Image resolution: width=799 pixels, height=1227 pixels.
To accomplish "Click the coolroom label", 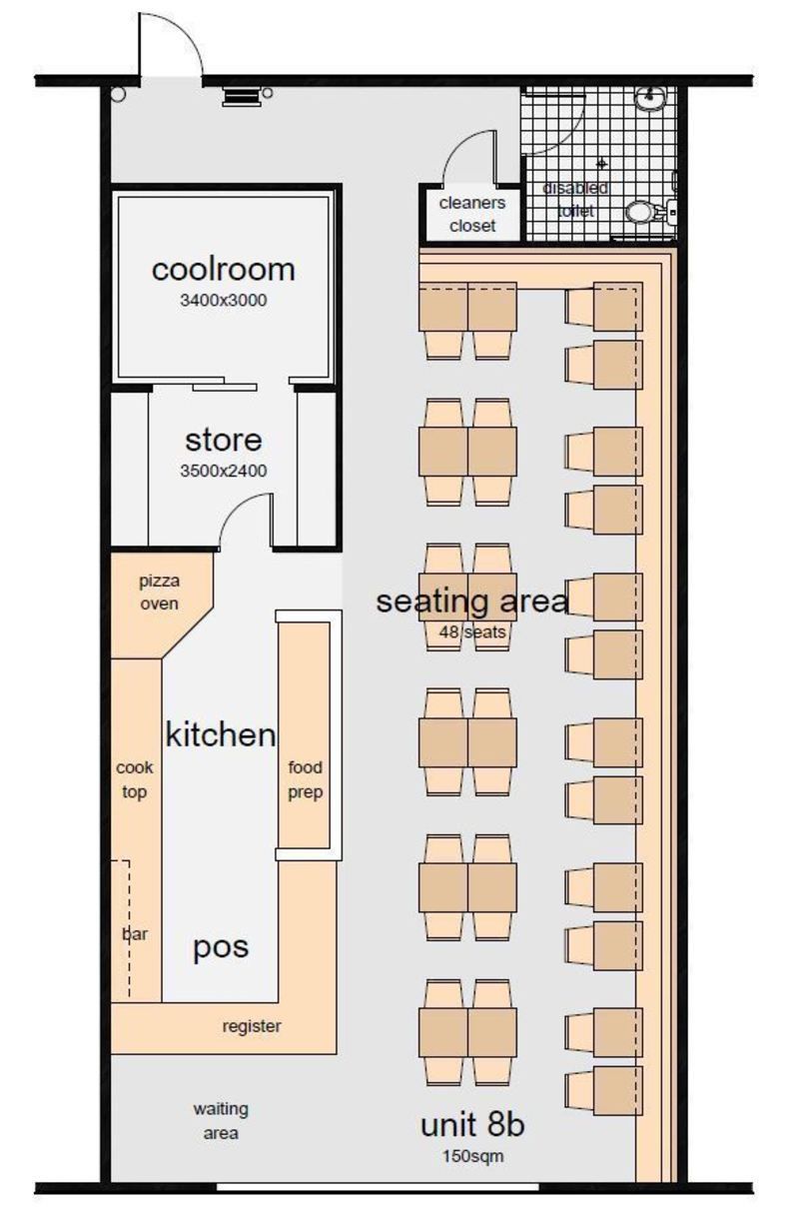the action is pyautogui.click(x=223, y=270).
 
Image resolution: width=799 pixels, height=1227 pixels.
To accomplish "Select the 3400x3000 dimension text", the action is pyautogui.click(x=224, y=300).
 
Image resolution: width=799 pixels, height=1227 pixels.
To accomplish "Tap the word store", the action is pyautogui.click(x=224, y=440).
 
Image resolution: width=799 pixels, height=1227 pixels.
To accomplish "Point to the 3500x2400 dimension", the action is pyautogui.click(x=224, y=471).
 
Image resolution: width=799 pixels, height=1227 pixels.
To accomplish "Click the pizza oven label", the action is pyautogui.click(x=160, y=593).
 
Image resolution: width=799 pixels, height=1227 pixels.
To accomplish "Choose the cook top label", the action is pyautogui.click(x=135, y=780).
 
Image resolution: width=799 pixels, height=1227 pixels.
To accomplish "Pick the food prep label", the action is pyautogui.click(x=305, y=780).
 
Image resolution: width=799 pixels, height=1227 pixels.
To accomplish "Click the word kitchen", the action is pyautogui.click(x=221, y=734).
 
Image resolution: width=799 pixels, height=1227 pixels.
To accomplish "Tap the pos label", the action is pyautogui.click(x=221, y=947).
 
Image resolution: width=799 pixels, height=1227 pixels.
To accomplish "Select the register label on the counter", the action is pyautogui.click(x=252, y=1026).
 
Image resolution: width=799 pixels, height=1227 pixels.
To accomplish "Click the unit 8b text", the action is pyautogui.click(x=472, y=1126).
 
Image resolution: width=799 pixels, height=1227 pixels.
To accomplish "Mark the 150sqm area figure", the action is pyautogui.click(x=472, y=1156).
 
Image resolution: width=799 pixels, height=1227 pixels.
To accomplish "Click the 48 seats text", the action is pyautogui.click(x=472, y=632).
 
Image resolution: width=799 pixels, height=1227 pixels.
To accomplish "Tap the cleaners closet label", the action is pyautogui.click(x=472, y=214).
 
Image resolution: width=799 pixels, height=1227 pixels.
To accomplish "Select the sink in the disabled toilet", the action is pyautogui.click(x=650, y=99).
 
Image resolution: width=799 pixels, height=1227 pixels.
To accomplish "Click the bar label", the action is pyautogui.click(x=135, y=933).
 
